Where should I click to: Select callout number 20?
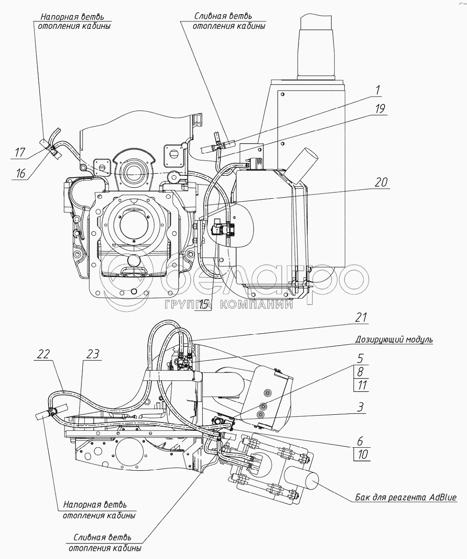[380, 182]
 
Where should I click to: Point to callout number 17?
[20, 152]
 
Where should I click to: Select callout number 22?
[44, 354]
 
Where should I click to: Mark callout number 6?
[360, 441]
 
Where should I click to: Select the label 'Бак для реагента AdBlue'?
[406, 498]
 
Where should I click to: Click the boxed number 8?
[361, 372]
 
